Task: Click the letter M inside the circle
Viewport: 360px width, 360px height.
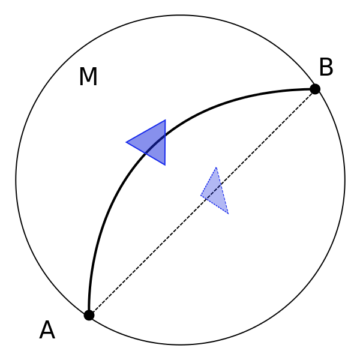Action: [88, 77]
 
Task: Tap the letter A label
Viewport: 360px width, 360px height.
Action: [47, 331]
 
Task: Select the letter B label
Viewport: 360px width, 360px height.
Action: [326, 68]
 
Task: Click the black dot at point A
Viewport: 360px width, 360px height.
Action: [89, 315]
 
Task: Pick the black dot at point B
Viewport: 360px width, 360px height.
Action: [315, 89]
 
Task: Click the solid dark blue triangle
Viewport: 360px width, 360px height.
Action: [152, 142]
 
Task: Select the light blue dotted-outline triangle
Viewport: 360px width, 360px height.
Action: [215, 193]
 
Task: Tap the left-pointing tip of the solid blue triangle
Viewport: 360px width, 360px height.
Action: [127, 142]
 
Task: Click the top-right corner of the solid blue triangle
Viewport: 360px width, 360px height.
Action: [165, 121]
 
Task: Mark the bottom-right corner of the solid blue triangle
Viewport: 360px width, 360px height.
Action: [165, 164]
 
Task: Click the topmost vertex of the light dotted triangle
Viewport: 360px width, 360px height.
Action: [216, 167]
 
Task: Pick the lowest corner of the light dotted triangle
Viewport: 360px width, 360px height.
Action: [228, 214]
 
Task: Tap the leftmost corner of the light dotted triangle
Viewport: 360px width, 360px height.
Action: [201, 195]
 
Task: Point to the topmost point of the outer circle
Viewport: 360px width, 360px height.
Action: [180, 16]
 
